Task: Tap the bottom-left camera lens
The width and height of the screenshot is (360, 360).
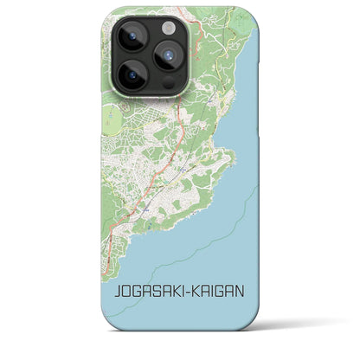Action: click(132, 76)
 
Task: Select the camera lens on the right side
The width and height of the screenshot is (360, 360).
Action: click(168, 56)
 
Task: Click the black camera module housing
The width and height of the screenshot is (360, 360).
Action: click(148, 56)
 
